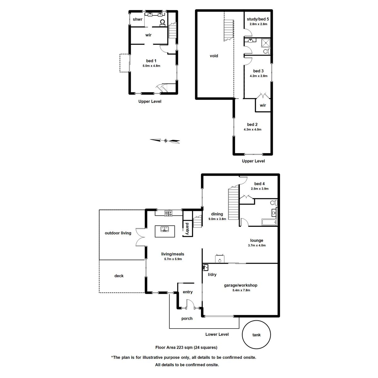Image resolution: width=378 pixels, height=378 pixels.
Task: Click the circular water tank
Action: pos(256,335)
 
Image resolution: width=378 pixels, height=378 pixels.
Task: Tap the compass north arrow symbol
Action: pos(165,141)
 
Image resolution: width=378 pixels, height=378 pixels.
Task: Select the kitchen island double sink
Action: pos(164,229)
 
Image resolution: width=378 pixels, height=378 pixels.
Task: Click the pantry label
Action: pos(187,229)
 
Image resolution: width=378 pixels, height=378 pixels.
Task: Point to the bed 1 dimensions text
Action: pos(151,66)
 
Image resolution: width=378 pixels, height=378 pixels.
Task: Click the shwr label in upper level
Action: pos(138,20)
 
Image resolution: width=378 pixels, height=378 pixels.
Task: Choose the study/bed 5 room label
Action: pos(258,19)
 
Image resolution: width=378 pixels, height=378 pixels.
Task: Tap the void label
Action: pos(214,56)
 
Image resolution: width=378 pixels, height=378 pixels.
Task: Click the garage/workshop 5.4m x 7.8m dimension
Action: pos(241,290)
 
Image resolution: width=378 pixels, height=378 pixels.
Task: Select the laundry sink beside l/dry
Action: pos(206,267)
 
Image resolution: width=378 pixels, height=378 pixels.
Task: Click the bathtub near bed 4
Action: pos(269,222)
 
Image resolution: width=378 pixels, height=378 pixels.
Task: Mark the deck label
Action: pos(119,276)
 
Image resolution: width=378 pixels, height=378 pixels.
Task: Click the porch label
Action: pos(187,318)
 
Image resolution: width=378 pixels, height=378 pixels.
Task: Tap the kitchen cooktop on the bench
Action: pos(168,213)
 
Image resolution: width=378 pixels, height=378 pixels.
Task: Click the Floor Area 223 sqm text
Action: pos(186,347)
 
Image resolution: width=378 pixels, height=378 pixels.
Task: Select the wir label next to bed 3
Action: pos(263,105)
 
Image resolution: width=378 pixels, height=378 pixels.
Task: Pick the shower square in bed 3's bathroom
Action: pos(266,42)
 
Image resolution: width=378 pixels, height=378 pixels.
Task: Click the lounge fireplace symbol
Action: pos(220,258)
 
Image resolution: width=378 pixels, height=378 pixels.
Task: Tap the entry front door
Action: pos(190,304)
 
